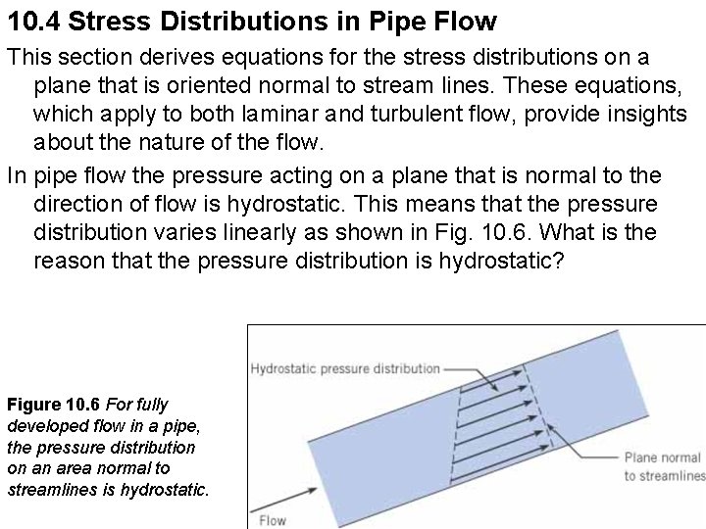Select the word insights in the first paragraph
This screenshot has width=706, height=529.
click(x=640, y=115)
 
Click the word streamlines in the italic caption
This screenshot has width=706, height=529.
click(x=46, y=489)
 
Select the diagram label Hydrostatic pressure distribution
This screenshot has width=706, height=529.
click(x=345, y=369)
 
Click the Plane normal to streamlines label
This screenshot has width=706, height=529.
click(x=664, y=467)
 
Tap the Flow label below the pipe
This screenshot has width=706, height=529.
click(x=272, y=519)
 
